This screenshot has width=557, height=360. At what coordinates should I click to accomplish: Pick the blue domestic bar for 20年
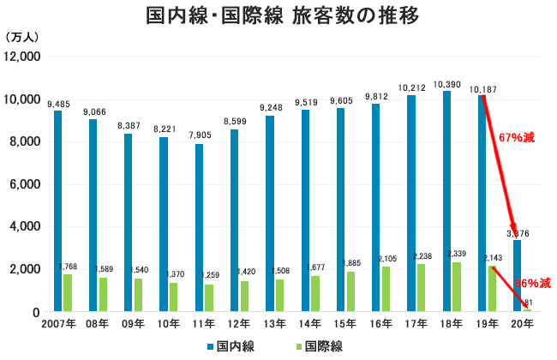tap(516, 276)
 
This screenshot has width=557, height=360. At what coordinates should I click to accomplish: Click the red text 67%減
tap(518, 136)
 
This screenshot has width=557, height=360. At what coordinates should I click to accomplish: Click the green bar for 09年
tap(138, 296)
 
